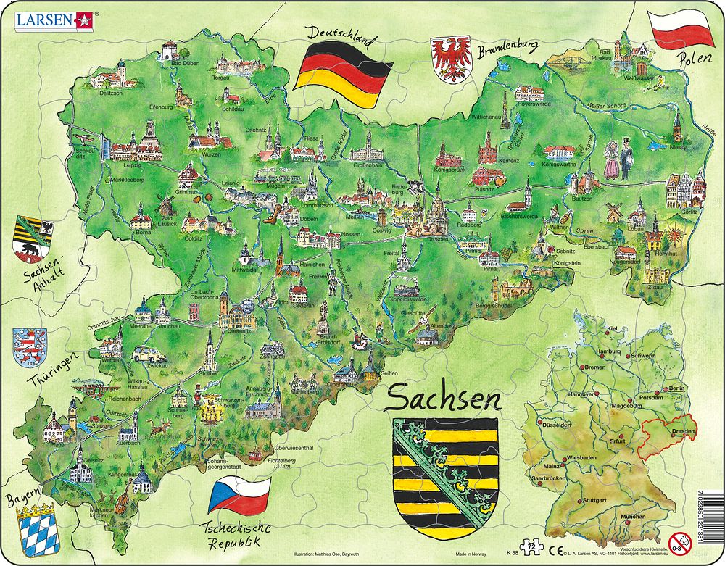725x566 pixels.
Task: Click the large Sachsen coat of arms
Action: (x=444, y=470)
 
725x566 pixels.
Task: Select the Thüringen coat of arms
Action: (x=30, y=346)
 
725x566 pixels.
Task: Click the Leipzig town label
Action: (x=132, y=165)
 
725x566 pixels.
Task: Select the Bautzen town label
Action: (x=582, y=198)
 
